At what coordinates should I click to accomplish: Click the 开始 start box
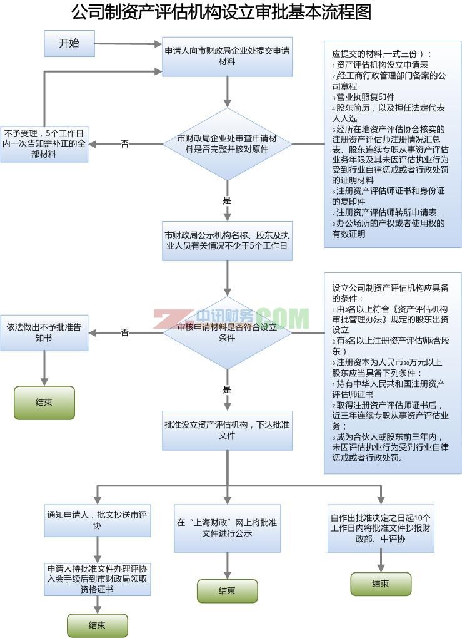[x=69, y=43]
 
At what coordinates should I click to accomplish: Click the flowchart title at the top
[x=221, y=13]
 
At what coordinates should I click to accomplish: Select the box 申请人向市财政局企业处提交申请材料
[x=227, y=56]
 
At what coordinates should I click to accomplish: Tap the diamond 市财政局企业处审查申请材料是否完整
[x=227, y=144]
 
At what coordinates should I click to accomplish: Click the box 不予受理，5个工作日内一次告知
[x=44, y=144]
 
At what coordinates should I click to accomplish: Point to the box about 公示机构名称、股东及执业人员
[x=227, y=240]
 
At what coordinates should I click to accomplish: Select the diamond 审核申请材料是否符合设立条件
[x=227, y=332]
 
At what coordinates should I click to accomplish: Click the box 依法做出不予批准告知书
[x=44, y=332]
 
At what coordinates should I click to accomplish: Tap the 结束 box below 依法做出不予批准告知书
[x=44, y=403]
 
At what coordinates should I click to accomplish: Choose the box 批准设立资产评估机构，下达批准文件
[x=227, y=430]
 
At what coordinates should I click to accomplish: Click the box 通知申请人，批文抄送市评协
[x=98, y=520]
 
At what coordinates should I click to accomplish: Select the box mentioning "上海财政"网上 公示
[x=227, y=528]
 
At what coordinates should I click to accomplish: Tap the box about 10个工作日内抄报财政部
[x=380, y=528]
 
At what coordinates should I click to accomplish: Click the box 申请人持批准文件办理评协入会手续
[x=98, y=579]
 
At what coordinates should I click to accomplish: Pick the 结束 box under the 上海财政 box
[x=227, y=590]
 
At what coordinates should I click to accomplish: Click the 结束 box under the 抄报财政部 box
[x=380, y=584]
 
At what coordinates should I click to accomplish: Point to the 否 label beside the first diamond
[x=124, y=144]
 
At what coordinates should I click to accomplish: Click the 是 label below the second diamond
[x=227, y=389]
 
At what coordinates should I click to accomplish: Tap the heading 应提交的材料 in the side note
[x=381, y=54]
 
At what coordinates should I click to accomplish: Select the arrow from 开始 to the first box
[x=128, y=44]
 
